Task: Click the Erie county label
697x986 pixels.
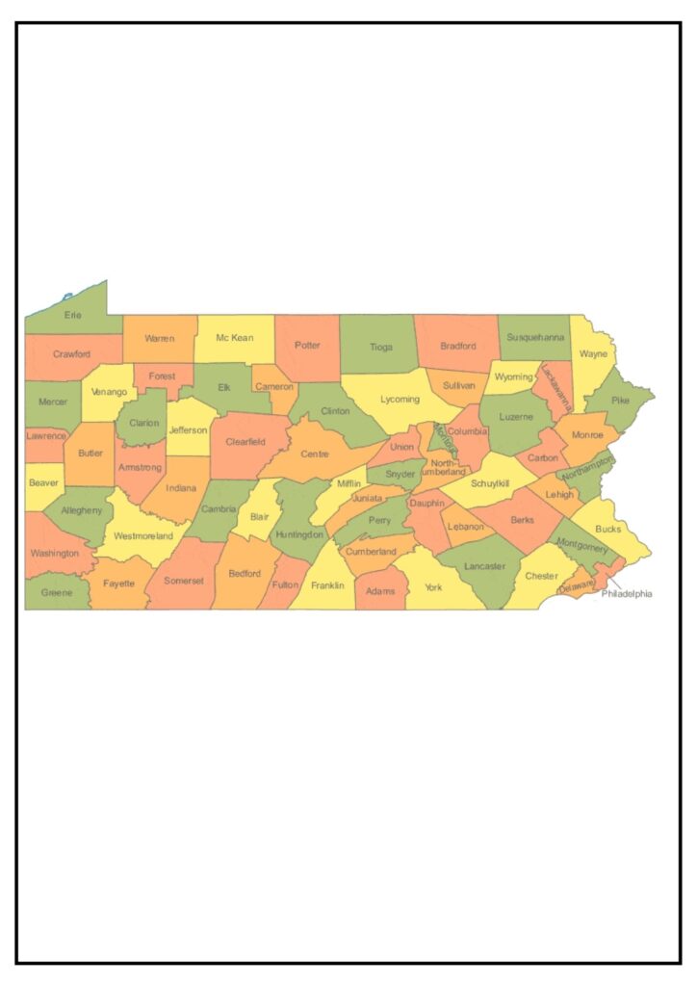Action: (73, 315)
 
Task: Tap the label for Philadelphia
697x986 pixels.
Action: (627, 594)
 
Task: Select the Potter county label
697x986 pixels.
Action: (307, 345)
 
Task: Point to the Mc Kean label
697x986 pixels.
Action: (235, 338)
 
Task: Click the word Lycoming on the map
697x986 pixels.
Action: (400, 399)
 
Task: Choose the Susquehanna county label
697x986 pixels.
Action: (535, 338)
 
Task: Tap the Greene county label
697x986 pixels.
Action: (57, 592)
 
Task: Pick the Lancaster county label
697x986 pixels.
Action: (484, 566)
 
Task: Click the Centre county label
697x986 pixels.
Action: (315, 454)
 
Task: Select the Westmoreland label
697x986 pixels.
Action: (143, 535)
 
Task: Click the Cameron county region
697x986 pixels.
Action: (274, 386)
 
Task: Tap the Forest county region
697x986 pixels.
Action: (162, 376)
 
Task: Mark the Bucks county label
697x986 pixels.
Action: (608, 529)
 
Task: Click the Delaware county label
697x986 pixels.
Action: (576, 584)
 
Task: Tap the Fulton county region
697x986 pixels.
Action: (285, 584)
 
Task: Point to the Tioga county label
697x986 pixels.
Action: (380, 347)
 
